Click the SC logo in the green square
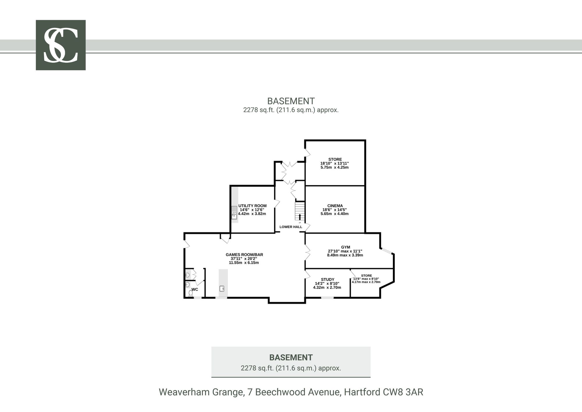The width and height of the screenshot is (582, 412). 61,45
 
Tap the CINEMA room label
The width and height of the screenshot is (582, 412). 335,206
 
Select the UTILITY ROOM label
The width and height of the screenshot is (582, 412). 252,206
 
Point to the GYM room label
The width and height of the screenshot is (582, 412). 345,247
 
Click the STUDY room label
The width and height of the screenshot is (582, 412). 328,279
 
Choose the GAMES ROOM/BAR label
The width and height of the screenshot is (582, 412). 244,255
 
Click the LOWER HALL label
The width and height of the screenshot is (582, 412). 291,227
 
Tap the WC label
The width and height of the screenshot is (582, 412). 195,289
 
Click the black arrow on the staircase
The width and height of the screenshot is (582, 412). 300,217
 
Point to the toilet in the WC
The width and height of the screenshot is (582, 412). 191,293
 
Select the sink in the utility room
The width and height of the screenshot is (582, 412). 234,213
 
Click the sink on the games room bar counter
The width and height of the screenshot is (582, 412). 222,289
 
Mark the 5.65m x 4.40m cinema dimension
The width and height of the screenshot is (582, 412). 334,214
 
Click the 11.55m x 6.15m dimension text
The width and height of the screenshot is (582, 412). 244,263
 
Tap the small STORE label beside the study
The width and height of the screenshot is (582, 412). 366,276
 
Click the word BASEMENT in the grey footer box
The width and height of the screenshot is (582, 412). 291,358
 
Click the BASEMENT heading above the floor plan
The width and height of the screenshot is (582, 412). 291,101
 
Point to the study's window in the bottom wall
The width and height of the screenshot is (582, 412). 327,298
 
